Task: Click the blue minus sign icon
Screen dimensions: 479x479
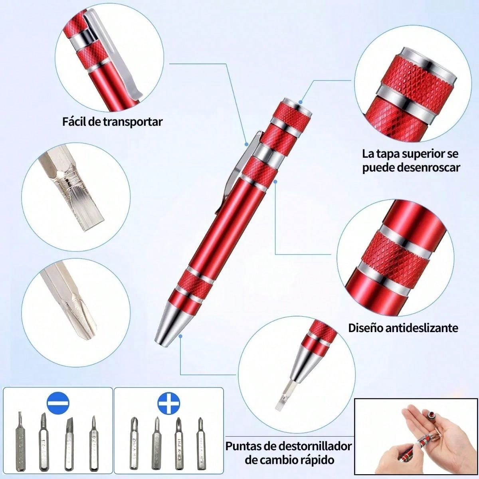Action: [x=58, y=404]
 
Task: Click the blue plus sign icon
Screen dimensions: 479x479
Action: [x=169, y=404]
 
